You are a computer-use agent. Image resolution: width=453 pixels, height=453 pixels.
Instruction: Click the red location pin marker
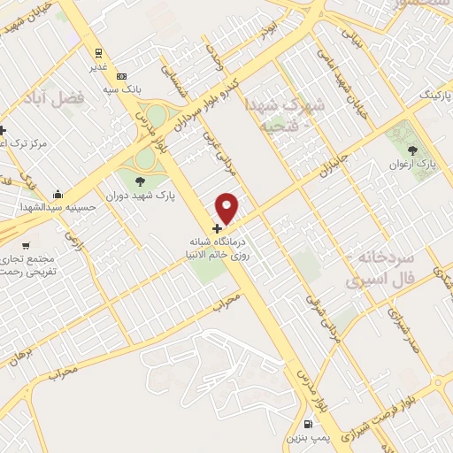[x=227, y=208]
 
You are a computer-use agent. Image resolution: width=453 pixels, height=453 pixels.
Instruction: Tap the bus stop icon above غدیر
[x=99, y=51]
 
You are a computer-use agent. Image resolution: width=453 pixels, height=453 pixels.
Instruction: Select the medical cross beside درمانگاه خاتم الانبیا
[x=218, y=228]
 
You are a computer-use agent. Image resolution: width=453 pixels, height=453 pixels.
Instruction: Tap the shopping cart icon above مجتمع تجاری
[x=26, y=245]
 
